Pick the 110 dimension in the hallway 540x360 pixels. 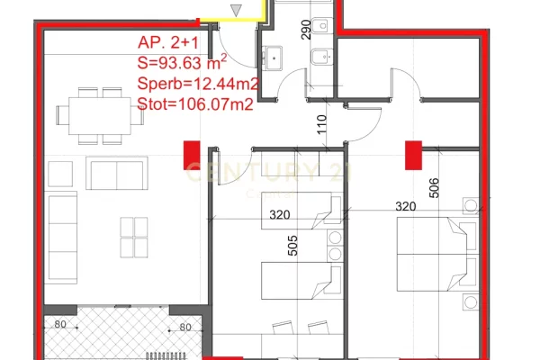(x=321, y=123)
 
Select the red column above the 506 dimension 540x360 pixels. (x=414, y=154)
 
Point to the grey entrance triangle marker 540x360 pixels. (x=237, y=10)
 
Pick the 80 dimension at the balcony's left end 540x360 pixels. (x=61, y=326)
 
